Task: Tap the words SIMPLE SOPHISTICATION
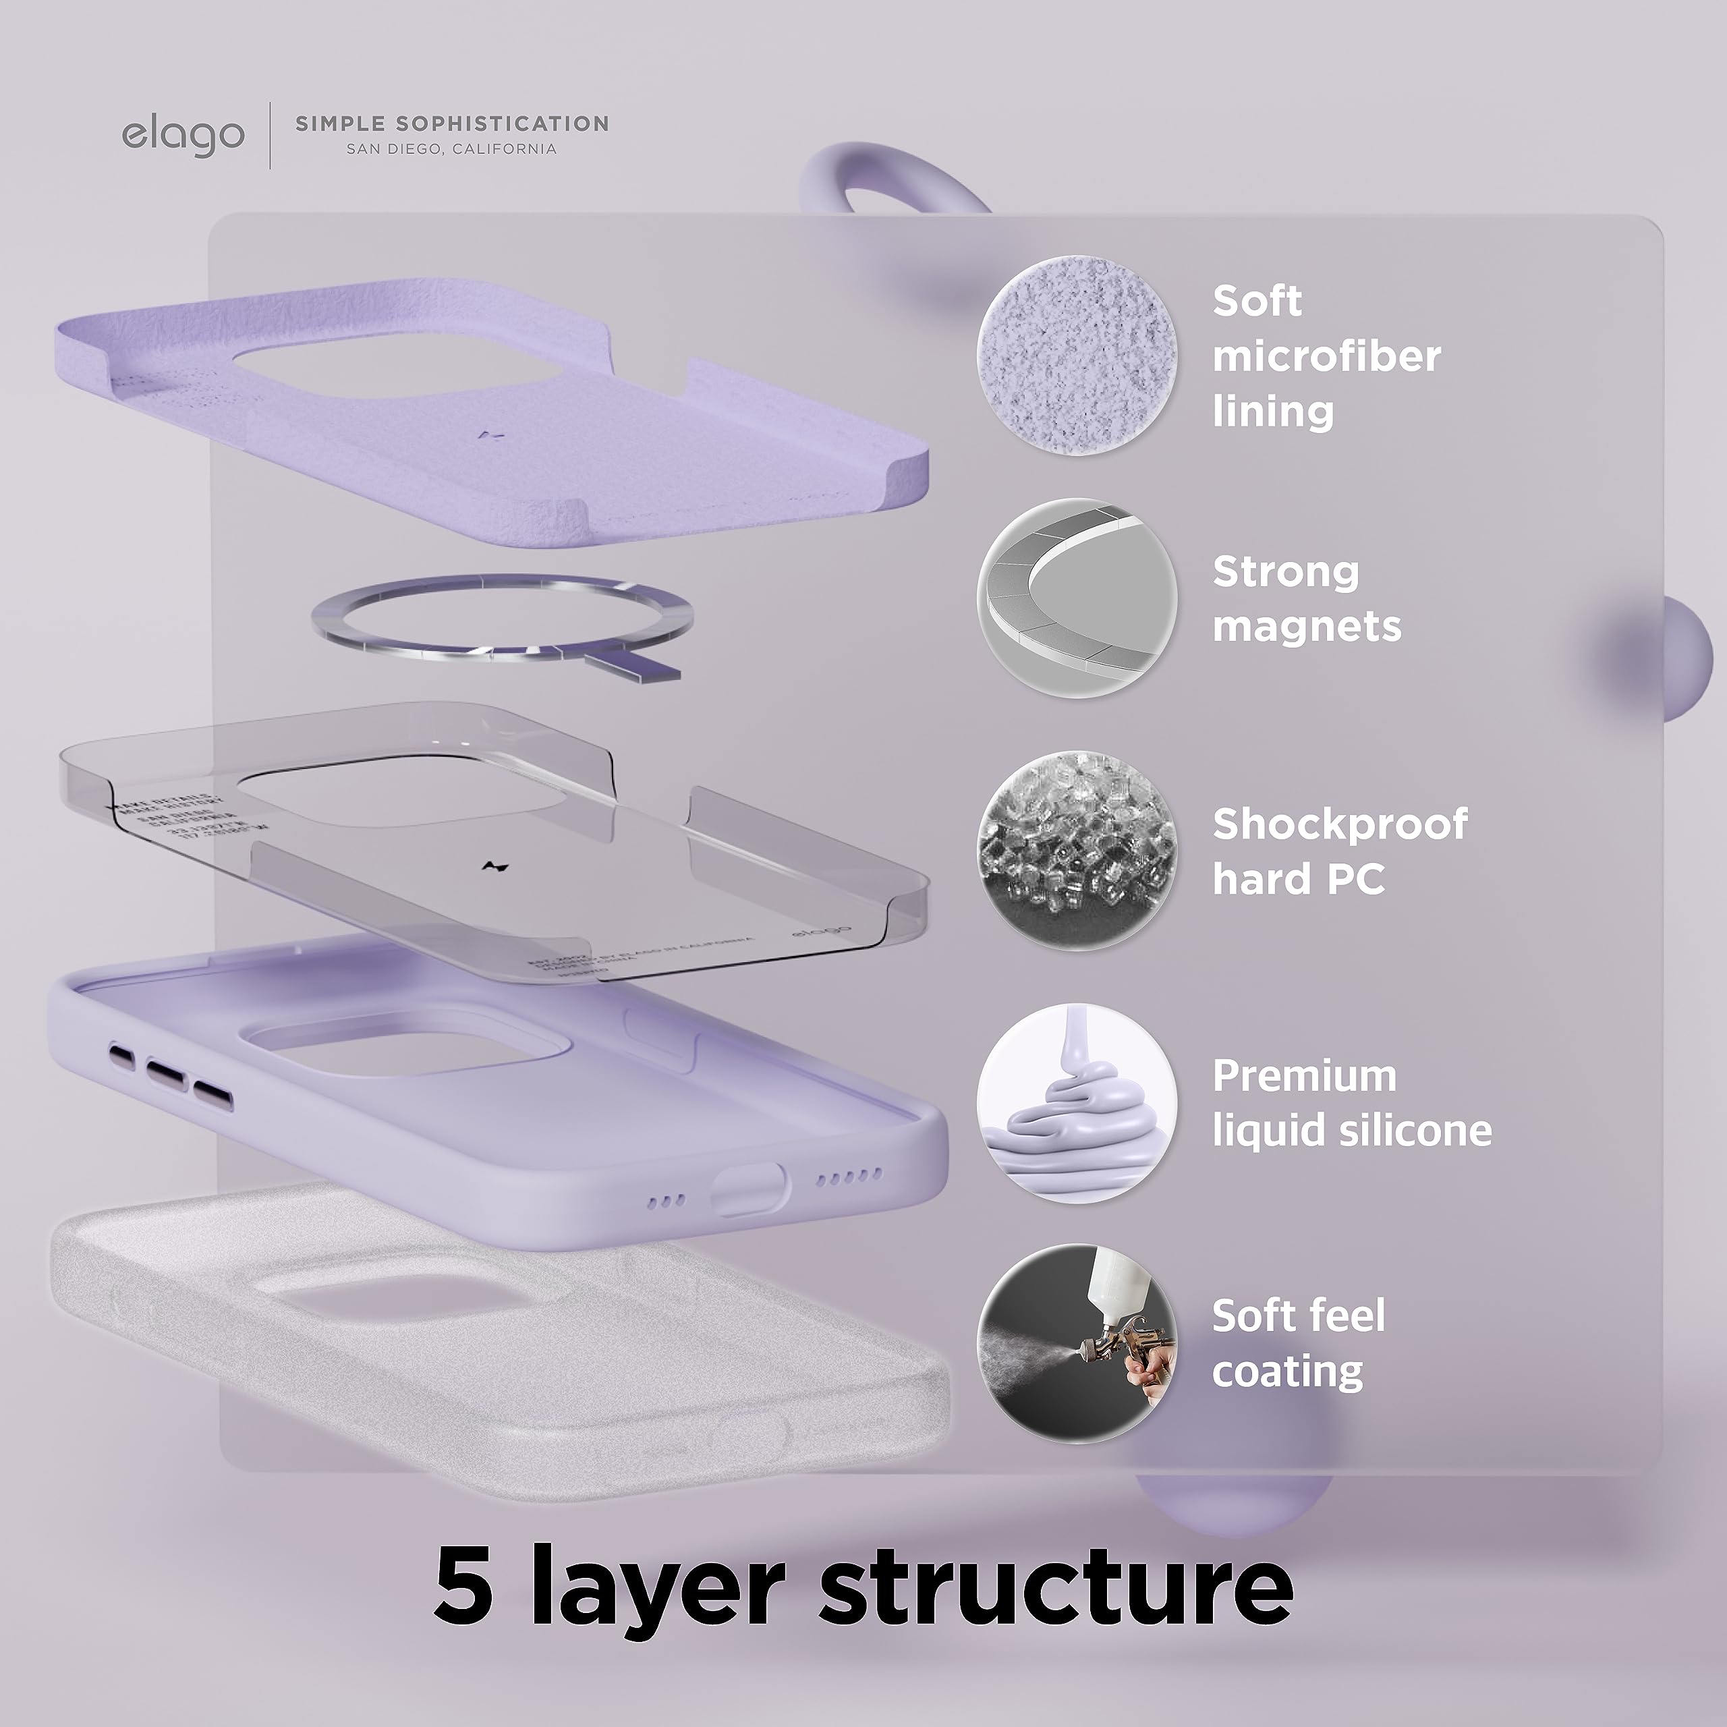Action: coord(451,123)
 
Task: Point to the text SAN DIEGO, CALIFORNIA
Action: coord(451,149)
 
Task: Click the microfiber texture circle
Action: coord(1076,355)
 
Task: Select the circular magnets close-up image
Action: coord(1076,598)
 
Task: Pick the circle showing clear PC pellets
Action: coord(1076,850)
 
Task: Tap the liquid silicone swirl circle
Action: coord(1076,1102)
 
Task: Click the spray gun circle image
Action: coord(1076,1344)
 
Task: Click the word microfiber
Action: coord(1326,357)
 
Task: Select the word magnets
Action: coord(1307,626)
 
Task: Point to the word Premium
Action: coord(1304,1076)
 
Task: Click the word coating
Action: coord(1287,1371)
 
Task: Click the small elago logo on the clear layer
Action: coord(820,932)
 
